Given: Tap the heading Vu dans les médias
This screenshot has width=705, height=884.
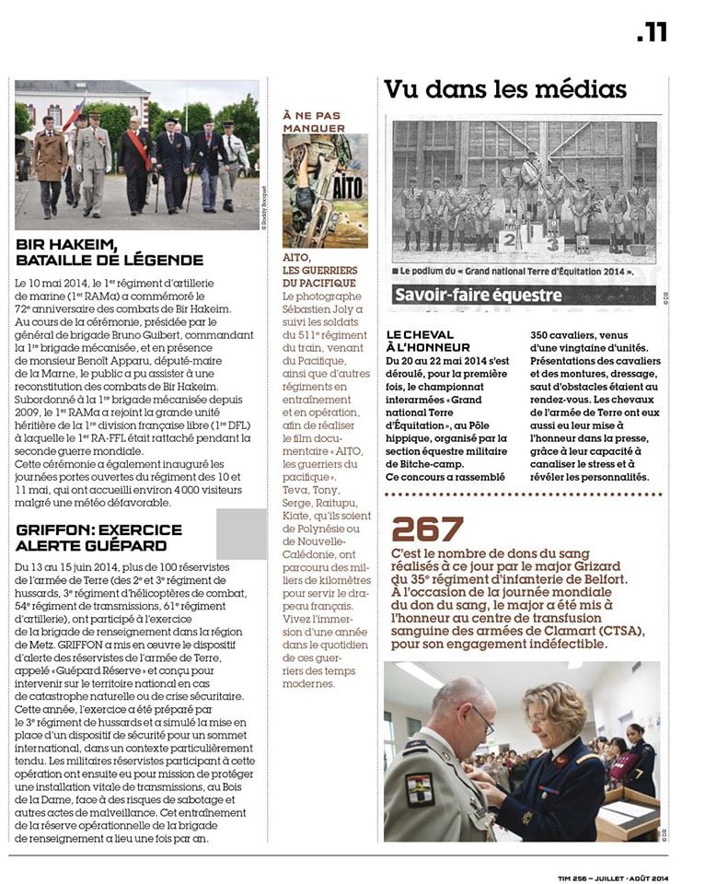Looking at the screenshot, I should tap(505, 89).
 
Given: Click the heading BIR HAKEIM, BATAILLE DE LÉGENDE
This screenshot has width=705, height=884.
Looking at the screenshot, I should tap(110, 252).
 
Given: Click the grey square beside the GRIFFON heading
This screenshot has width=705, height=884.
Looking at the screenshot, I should tap(241, 534).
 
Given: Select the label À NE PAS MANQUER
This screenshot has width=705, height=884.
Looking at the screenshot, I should tap(314, 121).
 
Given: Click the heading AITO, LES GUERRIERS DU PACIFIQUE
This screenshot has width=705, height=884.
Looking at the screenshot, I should tap(318, 271).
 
